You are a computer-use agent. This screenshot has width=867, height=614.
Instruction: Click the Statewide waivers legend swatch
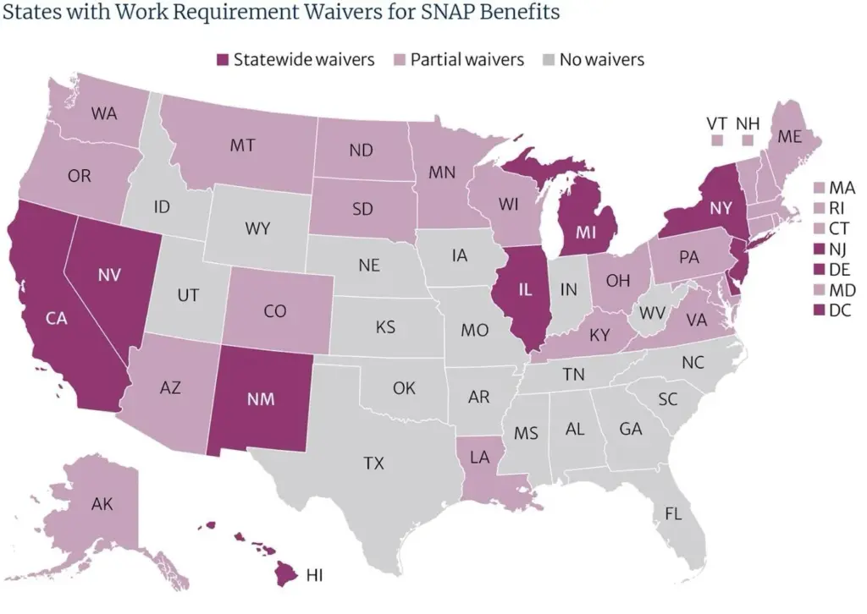[223, 60]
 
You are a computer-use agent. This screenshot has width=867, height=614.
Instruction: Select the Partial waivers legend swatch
[400, 60]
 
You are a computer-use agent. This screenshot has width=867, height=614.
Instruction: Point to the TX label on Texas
[373, 463]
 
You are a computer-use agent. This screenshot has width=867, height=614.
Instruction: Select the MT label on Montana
[242, 145]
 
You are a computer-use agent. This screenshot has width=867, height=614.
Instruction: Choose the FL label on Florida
[674, 513]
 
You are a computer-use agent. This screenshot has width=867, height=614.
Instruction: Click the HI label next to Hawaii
[315, 575]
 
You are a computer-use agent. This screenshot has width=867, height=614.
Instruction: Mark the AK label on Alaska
[102, 505]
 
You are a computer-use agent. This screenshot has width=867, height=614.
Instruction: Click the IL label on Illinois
[525, 289]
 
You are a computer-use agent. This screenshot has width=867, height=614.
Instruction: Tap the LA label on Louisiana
[479, 458]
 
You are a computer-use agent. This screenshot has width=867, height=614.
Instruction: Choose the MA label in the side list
[842, 187]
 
